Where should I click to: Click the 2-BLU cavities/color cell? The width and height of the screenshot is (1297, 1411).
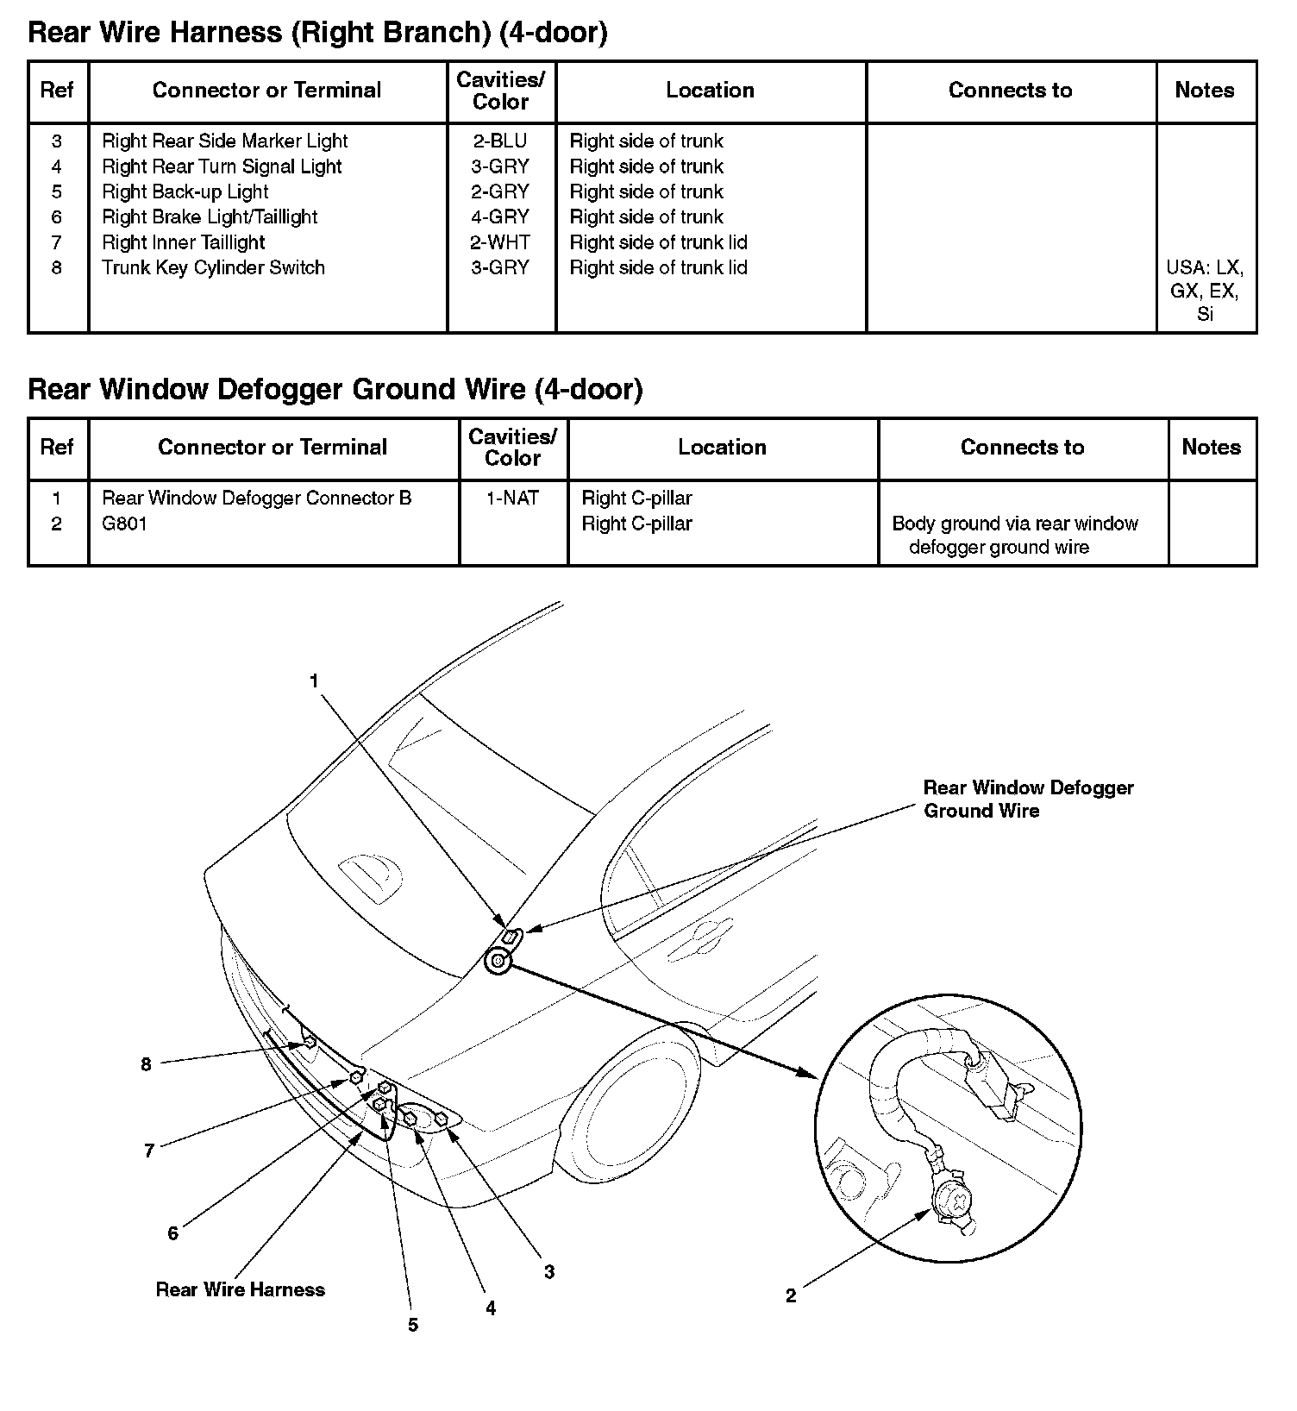[x=500, y=141]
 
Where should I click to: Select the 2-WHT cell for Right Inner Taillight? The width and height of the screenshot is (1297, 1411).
[x=500, y=242]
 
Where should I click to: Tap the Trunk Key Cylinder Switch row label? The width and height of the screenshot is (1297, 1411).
[x=213, y=267]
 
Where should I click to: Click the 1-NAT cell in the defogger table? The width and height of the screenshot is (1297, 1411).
[x=512, y=499]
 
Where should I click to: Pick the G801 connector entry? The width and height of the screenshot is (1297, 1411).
[x=125, y=524]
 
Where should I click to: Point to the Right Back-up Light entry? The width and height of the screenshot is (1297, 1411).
[x=185, y=191]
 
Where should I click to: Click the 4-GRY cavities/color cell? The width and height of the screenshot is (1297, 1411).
[x=500, y=217]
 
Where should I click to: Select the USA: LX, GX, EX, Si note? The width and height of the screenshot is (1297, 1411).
[x=1205, y=291]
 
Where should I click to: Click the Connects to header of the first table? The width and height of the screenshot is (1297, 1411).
[x=1010, y=91]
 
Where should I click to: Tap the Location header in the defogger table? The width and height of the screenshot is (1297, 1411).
[x=722, y=448]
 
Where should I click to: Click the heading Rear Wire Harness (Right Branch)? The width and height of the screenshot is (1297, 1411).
[x=317, y=33]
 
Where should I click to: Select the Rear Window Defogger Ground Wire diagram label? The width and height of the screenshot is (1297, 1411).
[x=1027, y=799]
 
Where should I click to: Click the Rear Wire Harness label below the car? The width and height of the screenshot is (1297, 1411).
[x=241, y=1289]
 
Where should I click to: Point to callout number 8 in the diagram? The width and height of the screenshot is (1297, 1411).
[x=146, y=1064]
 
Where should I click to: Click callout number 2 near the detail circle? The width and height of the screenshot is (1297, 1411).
[x=791, y=1295]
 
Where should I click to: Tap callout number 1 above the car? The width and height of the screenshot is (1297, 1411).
[x=315, y=681]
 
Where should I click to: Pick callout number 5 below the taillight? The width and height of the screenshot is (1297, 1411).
[x=413, y=1325]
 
